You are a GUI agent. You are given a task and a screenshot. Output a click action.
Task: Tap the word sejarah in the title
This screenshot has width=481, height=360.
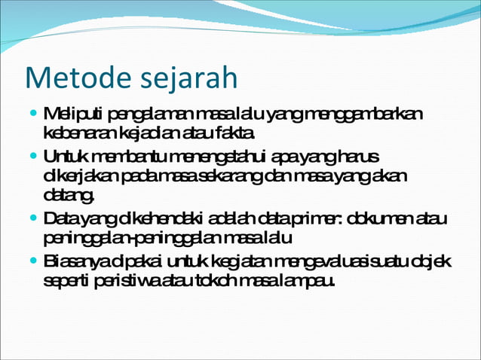pos(184,78)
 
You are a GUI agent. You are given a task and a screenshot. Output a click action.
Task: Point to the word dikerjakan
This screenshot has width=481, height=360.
pos(74,176)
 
